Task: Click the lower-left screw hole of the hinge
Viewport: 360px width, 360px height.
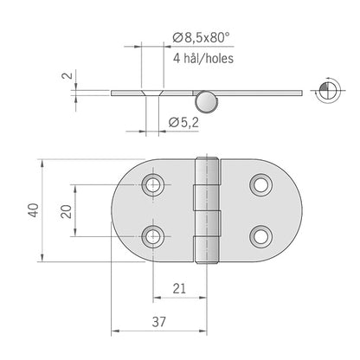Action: [153, 235]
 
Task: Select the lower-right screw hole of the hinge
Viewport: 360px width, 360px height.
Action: [260, 235]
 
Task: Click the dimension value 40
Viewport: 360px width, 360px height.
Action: [32, 209]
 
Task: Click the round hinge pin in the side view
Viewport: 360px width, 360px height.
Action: [206, 99]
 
